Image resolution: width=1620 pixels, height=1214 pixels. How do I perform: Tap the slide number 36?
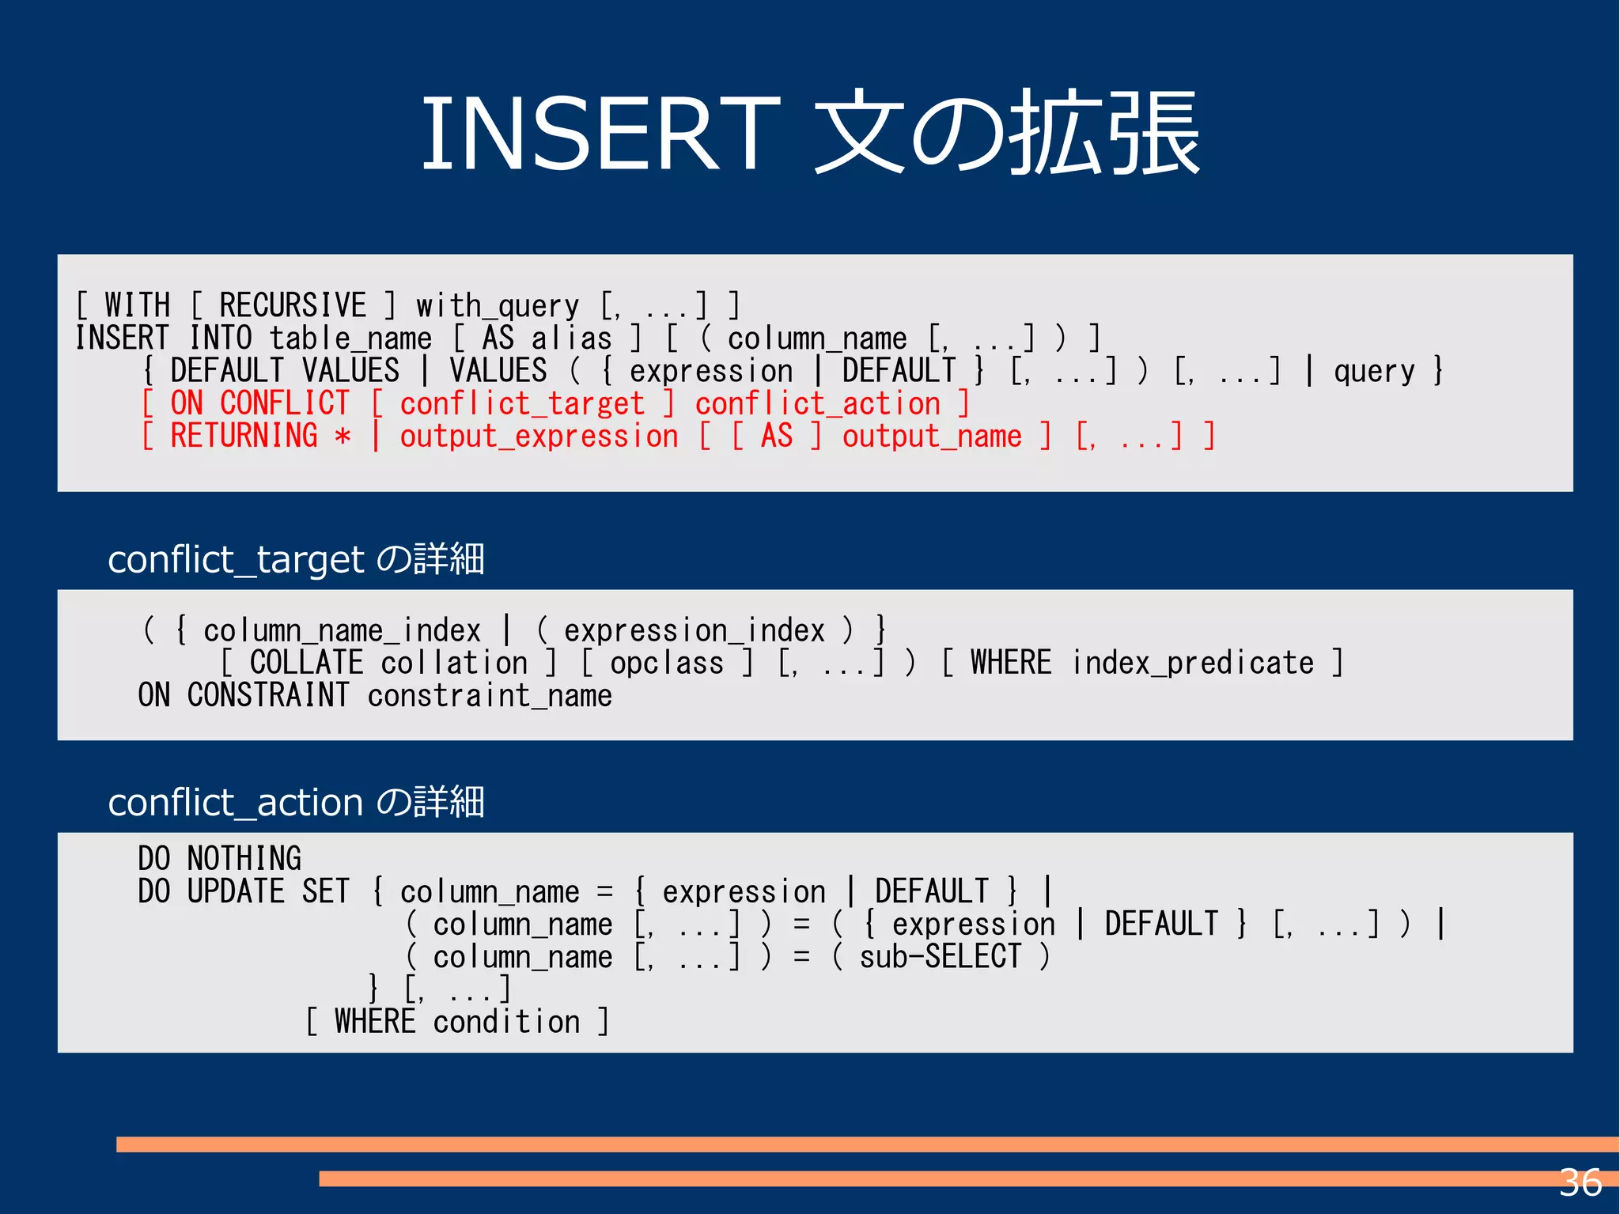[1580, 1183]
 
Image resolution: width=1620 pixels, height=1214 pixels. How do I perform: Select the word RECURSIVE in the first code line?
[293, 306]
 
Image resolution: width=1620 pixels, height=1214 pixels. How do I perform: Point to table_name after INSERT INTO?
[350, 339]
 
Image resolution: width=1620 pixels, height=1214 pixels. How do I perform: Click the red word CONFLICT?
[284, 403]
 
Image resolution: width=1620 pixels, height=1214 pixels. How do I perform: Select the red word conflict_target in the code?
[522, 404]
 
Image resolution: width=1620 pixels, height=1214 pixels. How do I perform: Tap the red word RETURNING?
[244, 436]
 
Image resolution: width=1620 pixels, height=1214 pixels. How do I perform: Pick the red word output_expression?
[539, 437]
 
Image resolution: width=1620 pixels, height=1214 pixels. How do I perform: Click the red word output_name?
[932, 437]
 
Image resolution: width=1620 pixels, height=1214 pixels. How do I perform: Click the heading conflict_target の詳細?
[296, 560]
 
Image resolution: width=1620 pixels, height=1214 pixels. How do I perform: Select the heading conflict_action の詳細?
[296, 803]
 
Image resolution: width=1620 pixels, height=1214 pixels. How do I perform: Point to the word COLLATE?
[306, 663]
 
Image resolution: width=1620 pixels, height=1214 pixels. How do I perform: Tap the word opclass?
[667, 663]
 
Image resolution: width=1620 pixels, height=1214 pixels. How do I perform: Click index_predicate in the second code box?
[1193, 663]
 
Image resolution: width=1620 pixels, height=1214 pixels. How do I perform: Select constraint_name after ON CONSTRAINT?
[490, 696]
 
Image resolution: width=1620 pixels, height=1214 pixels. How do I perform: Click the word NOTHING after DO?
[244, 859]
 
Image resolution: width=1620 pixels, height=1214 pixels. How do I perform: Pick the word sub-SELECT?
[941, 957]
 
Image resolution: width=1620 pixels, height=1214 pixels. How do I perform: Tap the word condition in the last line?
[506, 1022]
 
